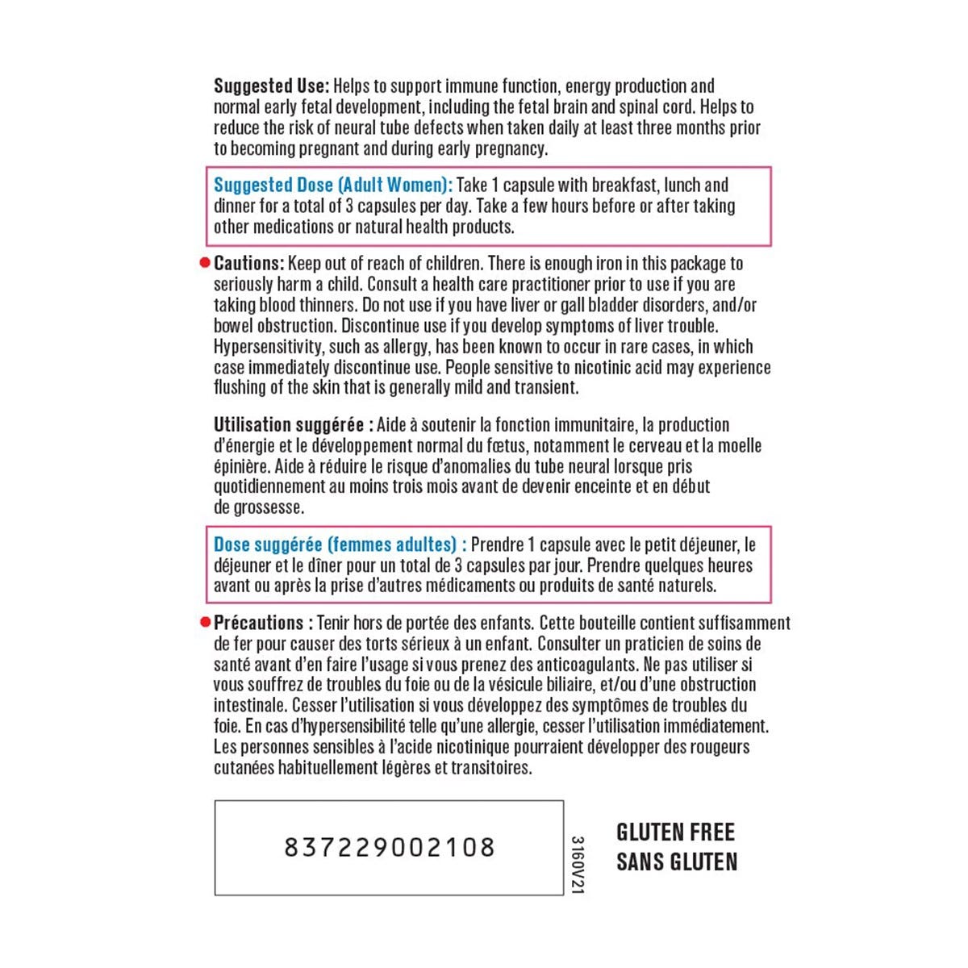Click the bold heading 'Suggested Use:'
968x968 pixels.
[271, 86]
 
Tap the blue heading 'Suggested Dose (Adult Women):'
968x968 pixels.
[332, 186]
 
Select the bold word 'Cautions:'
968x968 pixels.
[248, 264]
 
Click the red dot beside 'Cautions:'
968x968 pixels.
[204, 264]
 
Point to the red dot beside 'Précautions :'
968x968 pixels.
[204, 623]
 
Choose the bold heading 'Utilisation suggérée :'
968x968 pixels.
[293, 425]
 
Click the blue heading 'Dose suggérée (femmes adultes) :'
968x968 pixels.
[340, 544]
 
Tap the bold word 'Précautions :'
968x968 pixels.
[263, 623]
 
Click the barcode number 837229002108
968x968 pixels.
[389, 847]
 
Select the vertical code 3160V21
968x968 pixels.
[576, 864]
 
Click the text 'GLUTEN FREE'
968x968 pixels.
[675, 832]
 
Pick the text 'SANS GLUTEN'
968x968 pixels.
[677, 862]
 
